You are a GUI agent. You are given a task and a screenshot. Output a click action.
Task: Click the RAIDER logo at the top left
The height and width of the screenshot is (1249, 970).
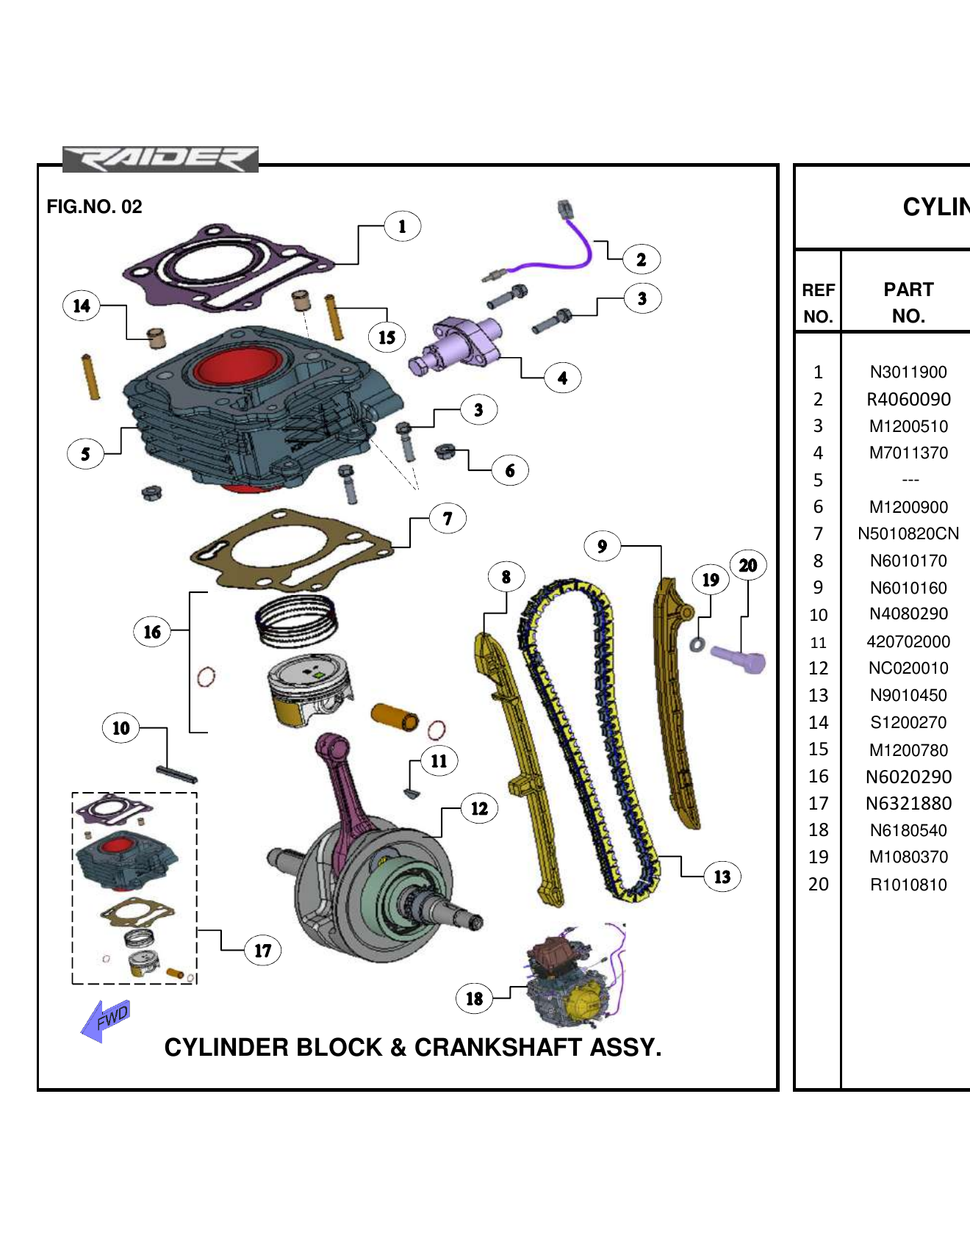coord(160,159)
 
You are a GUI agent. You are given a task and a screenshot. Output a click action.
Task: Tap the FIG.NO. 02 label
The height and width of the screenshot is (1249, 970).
coord(94,206)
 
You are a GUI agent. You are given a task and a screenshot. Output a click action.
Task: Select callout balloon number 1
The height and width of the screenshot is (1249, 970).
coord(402,226)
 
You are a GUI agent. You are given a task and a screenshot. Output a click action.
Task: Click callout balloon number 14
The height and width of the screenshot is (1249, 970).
coord(82,306)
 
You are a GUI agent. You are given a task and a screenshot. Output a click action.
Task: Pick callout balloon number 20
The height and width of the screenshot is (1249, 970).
coord(747,565)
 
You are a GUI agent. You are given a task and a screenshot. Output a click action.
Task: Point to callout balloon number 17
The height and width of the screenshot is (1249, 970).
coord(262,951)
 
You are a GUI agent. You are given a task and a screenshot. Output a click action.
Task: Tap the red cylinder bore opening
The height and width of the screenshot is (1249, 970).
coord(237,368)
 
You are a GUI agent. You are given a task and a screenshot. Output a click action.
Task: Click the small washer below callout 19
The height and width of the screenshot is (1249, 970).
coord(697,645)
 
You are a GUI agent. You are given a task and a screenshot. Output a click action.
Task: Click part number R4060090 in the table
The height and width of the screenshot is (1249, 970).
coord(908,400)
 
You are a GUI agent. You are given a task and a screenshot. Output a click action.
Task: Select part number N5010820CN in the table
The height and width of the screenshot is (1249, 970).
coord(908,534)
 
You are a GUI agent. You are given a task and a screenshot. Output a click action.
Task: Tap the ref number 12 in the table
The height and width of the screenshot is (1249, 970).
coord(818,669)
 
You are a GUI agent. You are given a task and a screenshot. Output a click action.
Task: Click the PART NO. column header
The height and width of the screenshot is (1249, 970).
coord(908,302)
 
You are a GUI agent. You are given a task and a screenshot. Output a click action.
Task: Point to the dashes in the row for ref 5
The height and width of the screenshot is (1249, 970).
coord(910,480)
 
